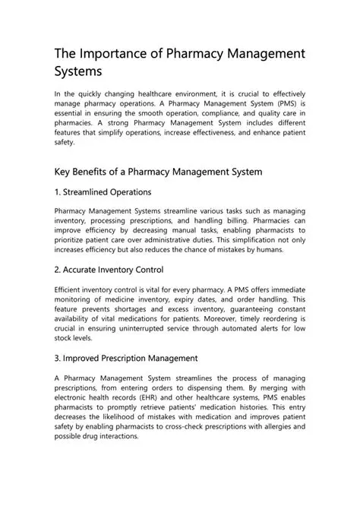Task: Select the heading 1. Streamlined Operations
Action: coord(103,192)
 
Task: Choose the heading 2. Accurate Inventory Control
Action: coord(109,270)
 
